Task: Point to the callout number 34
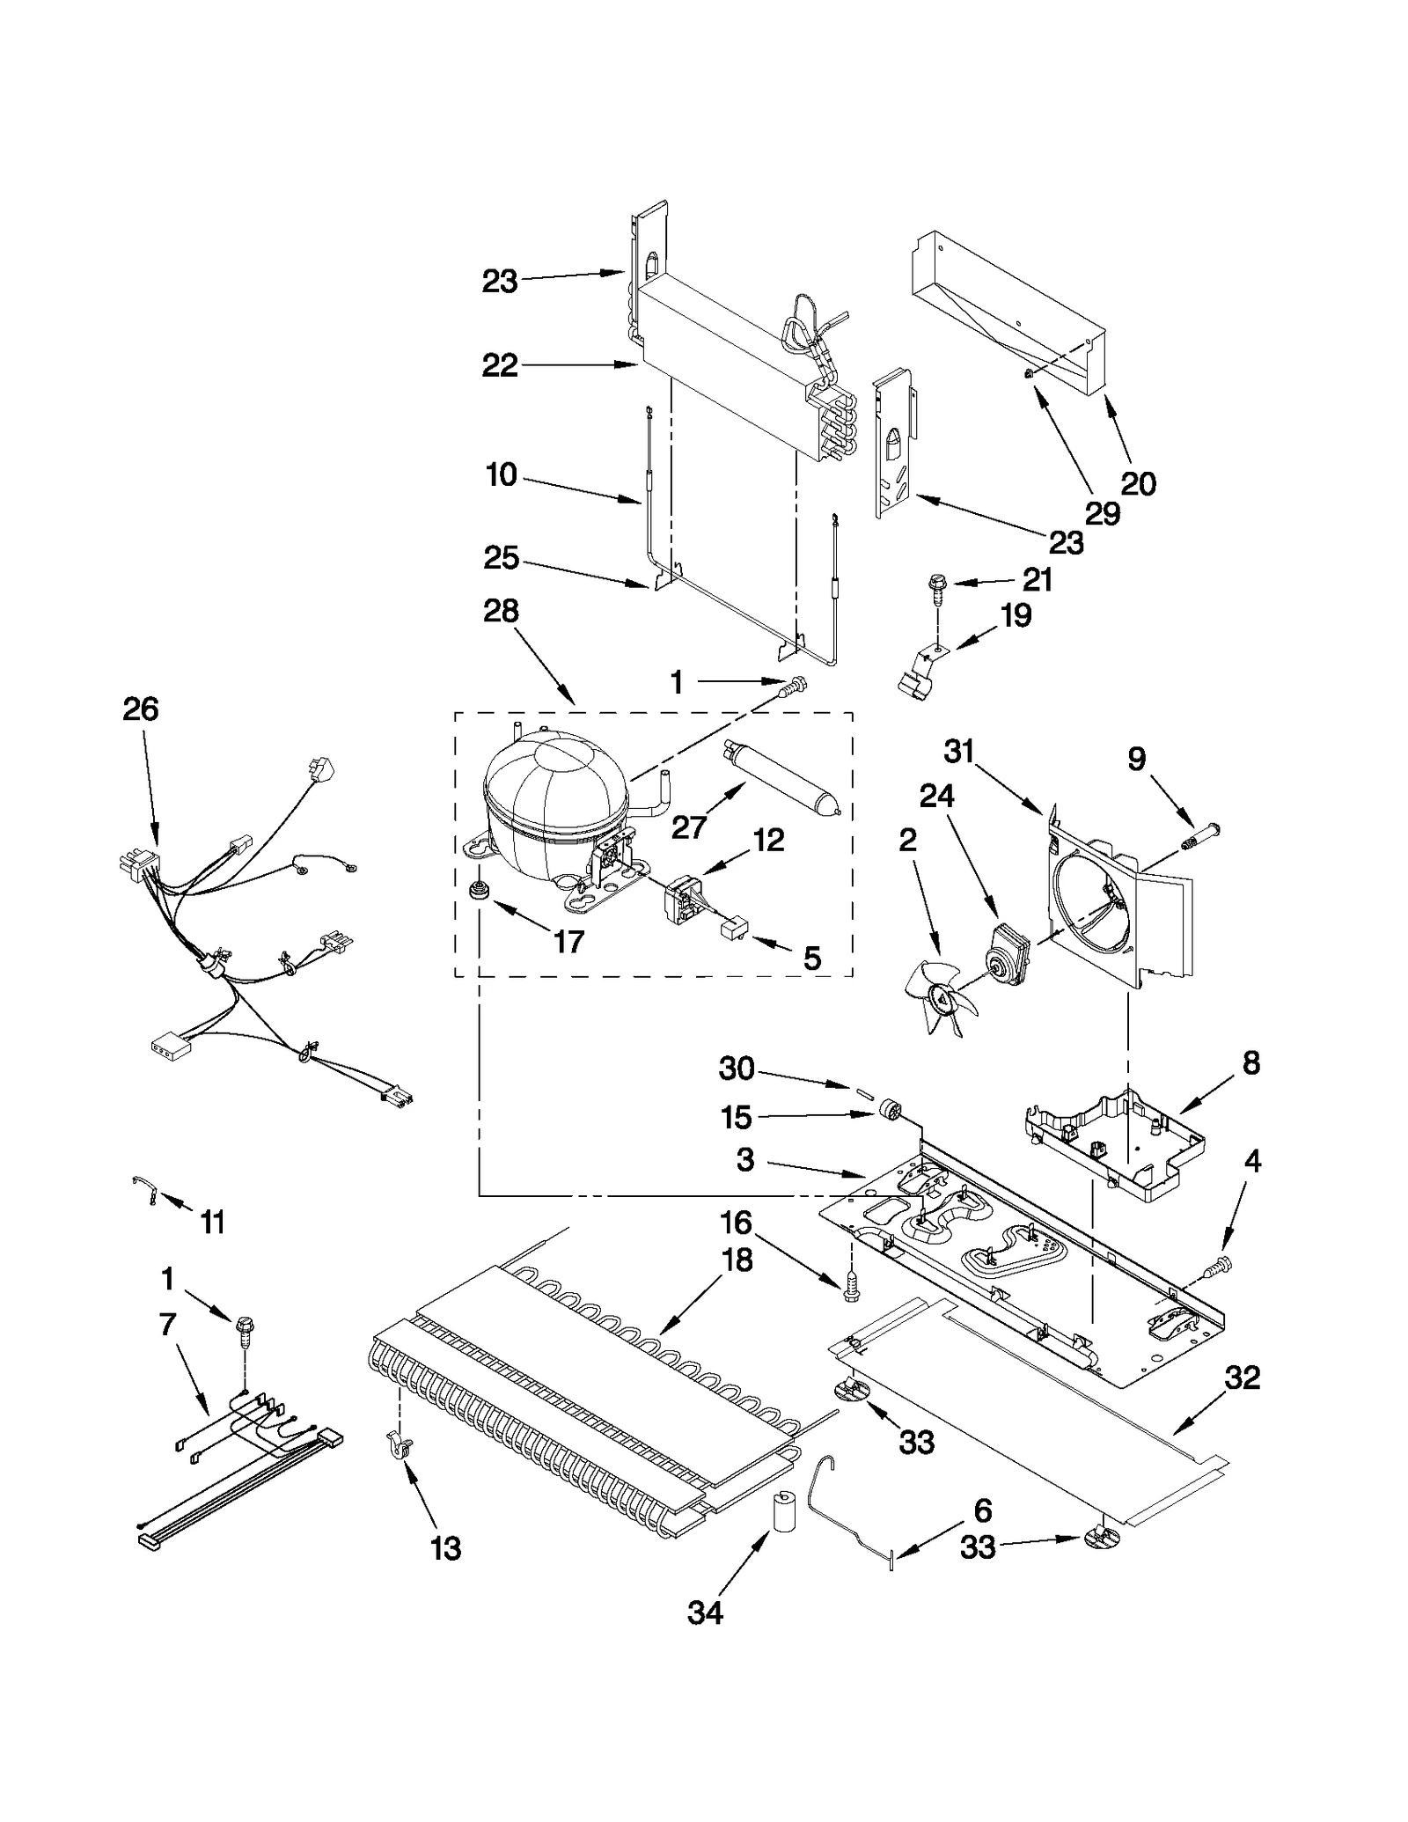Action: click(705, 1613)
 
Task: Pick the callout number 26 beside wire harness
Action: click(141, 709)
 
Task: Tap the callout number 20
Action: click(1138, 483)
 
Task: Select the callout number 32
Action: click(1243, 1378)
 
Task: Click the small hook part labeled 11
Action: click(144, 1191)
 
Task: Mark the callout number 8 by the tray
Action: click(1250, 1062)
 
